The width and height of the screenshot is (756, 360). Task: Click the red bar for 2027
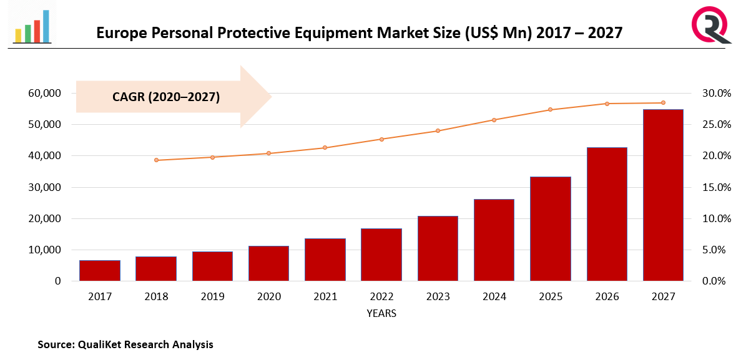[663, 195]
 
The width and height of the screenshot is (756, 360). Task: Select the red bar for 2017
[100, 271]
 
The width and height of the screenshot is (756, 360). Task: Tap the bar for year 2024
[494, 240]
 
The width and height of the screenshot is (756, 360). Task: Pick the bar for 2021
[325, 260]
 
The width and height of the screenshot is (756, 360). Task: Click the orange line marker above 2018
[156, 160]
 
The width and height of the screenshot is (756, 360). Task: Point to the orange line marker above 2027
[663, 103]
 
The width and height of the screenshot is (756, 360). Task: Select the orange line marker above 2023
[438, 131]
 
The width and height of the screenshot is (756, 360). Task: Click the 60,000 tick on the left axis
[44, 94]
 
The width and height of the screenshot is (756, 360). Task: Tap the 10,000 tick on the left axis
[44, 250]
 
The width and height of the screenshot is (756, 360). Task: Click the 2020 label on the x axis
[268, 297]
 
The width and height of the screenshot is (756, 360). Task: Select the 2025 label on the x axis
[550, 297]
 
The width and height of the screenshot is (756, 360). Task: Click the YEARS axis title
[381, 313]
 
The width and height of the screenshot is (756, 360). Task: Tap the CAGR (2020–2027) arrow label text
[166, 97]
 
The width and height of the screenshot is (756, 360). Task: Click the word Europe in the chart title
[119, 32]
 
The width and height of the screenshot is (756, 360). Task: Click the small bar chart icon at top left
[32, 26]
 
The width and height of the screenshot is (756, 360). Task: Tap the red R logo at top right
[710, 24]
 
